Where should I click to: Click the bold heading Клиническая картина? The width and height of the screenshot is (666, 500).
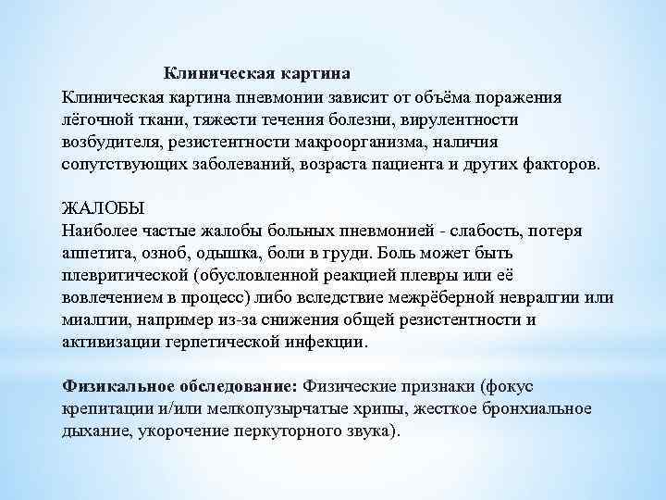pos(257,72)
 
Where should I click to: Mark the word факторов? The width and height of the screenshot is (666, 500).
pos(559,167)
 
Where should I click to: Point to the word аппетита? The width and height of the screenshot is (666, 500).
pos(96,253)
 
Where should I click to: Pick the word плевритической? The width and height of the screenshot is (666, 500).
pos(125,276)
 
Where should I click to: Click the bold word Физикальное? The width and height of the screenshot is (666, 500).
pos(119,385)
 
